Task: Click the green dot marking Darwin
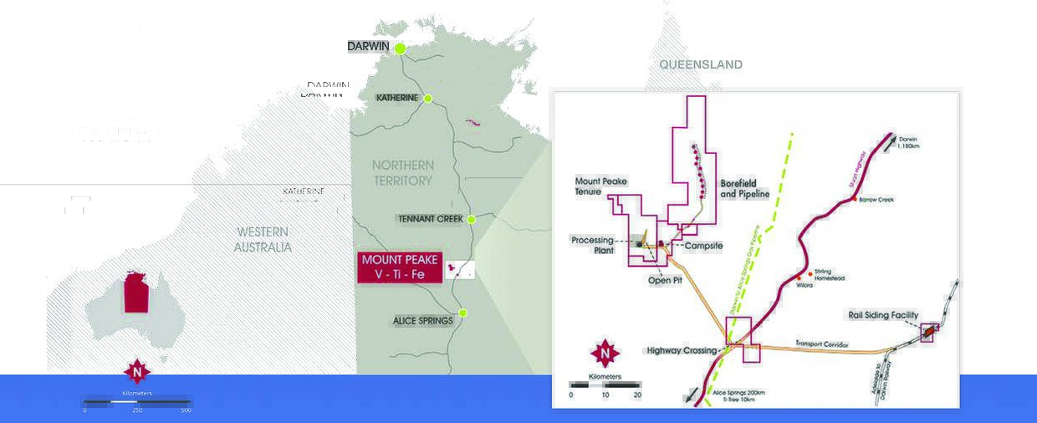(401, 48)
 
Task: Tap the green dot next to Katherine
(427, 99)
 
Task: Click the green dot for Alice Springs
(462, 313)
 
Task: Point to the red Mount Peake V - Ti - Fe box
(400, 267)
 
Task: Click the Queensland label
(700, 64)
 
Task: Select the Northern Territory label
(403, 172)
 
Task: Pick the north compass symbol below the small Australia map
(137, 371)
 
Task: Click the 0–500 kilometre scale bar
(136, 402)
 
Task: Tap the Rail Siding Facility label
(883, 315)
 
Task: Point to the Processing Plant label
(593, 245)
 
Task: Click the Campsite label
(702, 247)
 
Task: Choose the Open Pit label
(665, 280)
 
